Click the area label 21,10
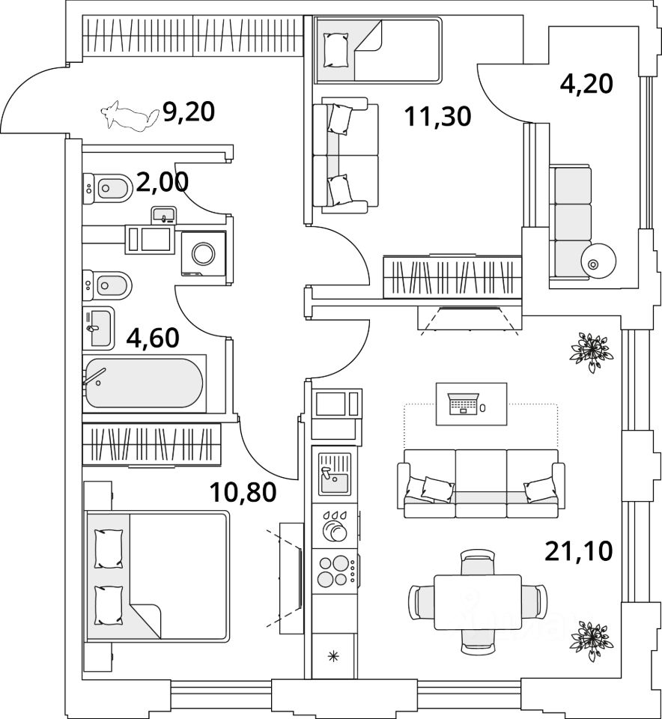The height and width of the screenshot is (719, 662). pyautogui.click(x=578, y=552)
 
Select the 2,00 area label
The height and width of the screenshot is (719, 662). pyautogui.click(x=163, y=182)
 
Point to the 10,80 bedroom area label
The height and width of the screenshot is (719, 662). pyautogui.click(x=243, y=492)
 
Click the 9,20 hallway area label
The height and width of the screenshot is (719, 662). pyautogui.click(x=189, y=112)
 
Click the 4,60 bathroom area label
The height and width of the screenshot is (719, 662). pyautogui.click(x=153, y=338)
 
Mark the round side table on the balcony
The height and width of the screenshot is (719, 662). pyautogui.click(x=598, y=262)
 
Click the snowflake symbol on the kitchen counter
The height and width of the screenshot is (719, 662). pyautogui.click(x=335, y=657)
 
